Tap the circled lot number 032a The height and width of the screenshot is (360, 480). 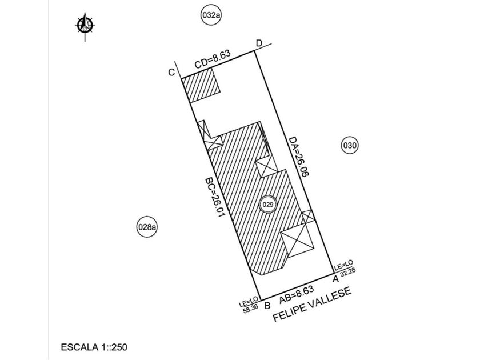point(211,15)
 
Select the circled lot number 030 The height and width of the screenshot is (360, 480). point(350,145)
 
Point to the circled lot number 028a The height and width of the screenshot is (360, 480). point(147,227)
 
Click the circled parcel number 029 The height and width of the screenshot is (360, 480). point(268,205)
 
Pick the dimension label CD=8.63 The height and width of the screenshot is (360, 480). point(213,59)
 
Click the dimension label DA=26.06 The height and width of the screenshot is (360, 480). point(299,157)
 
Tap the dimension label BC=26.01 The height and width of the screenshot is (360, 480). point(215,198)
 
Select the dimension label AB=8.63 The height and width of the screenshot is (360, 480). point(297,295)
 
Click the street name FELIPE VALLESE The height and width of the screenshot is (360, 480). point(311,304)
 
